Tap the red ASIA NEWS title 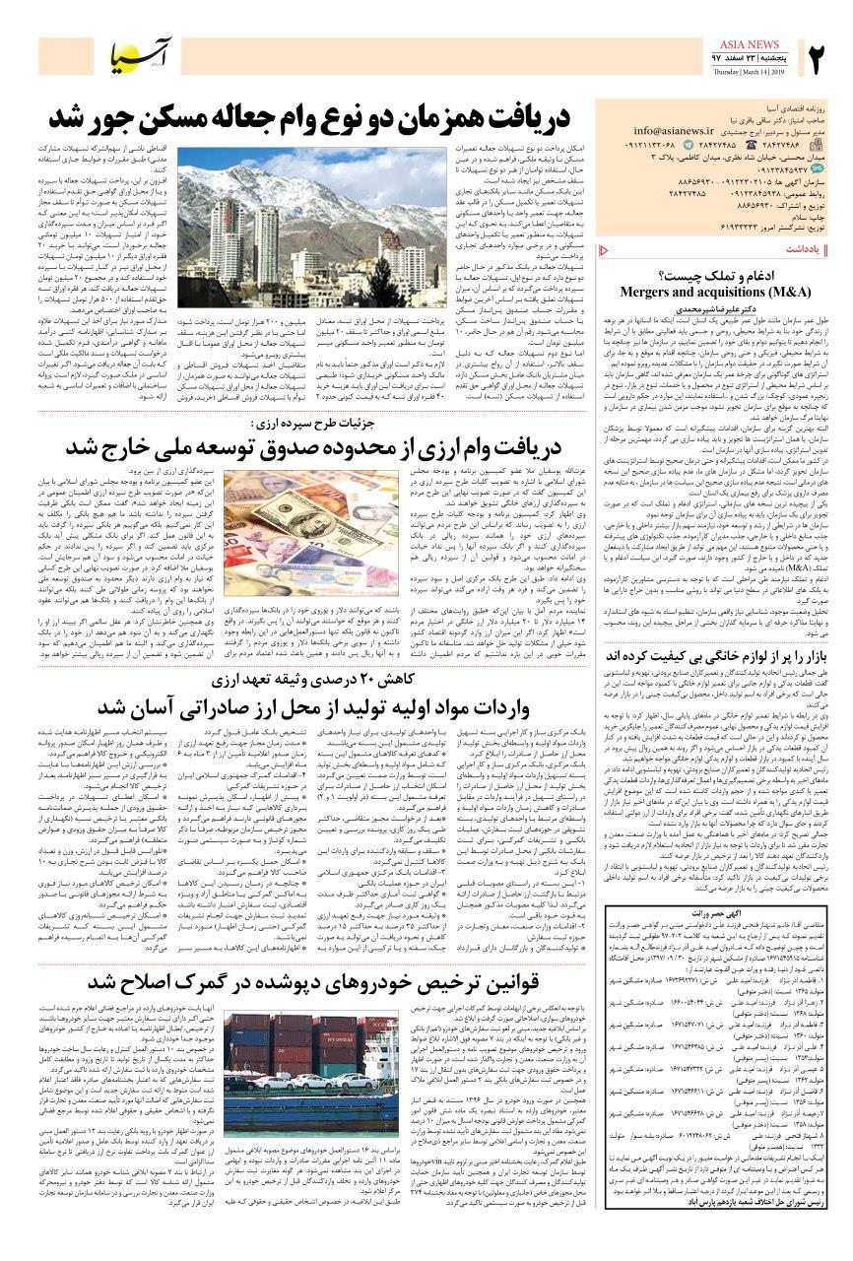pos(757,43)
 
